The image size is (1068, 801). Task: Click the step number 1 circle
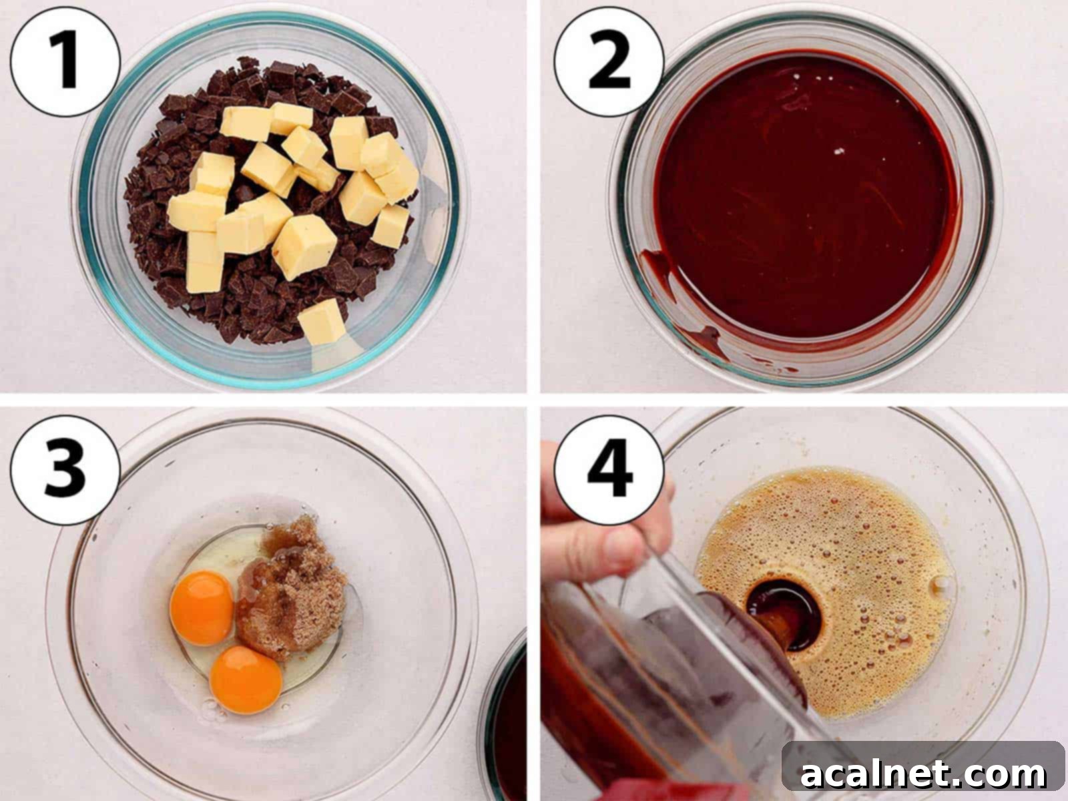click(x=65, y=61)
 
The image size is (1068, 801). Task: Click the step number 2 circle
click(x=609, y=61)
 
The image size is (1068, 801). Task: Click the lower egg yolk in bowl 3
click(x=245, y=679)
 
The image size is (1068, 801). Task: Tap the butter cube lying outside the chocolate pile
click(x=322, y=322)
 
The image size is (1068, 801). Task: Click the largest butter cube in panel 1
click(x=304, y=246)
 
